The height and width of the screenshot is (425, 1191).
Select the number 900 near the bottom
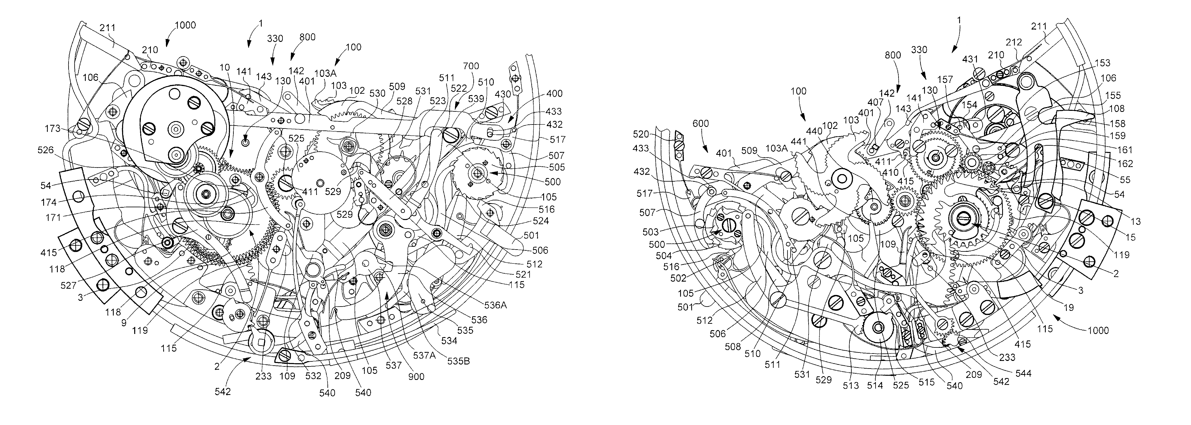[x=416, y=377]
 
